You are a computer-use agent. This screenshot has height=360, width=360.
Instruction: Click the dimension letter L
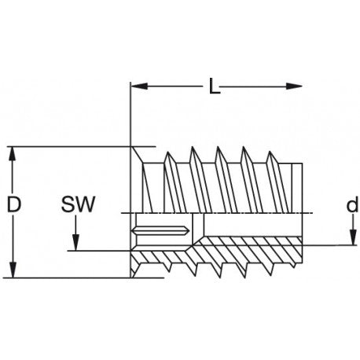tap(215, 86)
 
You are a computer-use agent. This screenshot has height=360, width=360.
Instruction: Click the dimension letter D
tap(13, 204)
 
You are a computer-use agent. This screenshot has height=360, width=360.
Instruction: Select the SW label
tap(78, 204)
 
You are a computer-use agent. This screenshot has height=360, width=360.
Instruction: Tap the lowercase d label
tap(352, 204)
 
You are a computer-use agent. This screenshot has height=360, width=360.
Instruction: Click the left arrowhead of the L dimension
tap(139, 86)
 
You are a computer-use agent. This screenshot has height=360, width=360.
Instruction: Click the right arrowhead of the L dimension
tap(294, 86)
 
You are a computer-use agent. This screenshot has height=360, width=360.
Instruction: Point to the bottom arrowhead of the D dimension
tap(13, 270)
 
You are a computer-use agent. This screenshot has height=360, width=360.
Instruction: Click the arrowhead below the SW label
tap(75, 243)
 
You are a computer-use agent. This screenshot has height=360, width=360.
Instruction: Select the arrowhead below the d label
tap(354, 237)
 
